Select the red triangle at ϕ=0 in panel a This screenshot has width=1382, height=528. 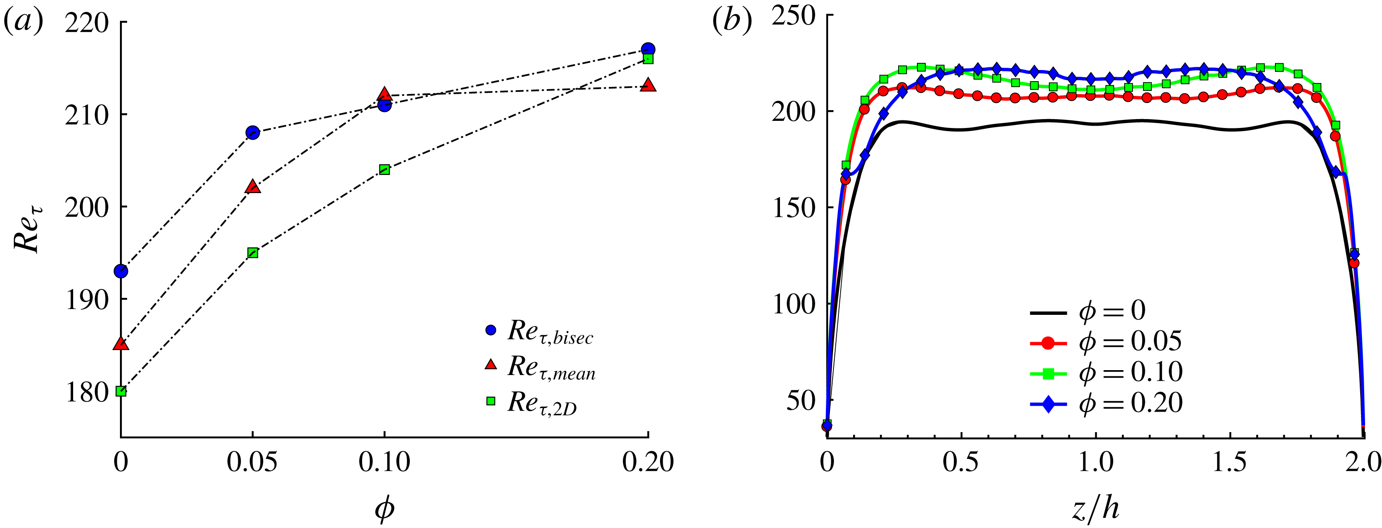click(x=121, y=344)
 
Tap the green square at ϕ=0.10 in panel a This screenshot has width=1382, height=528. click(x=384, y=169)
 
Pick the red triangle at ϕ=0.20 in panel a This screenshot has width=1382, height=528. click(x=648, y=85)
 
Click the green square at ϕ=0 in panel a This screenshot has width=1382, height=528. click(x=121, y=391)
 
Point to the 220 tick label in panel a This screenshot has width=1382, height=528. click(x=87, y=23)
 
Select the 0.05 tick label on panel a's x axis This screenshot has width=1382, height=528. click(x=252, y=462)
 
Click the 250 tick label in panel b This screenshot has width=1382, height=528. click(x=793, y=16)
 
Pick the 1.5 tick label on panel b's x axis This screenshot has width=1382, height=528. click(x=1229, y=462)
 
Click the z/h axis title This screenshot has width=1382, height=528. click(x=1095, y=507)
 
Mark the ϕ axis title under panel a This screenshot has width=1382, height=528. click(x=384, y=507)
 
